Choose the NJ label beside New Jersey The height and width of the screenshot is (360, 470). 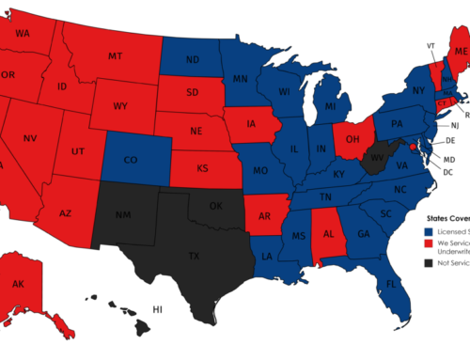pos(454,125)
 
